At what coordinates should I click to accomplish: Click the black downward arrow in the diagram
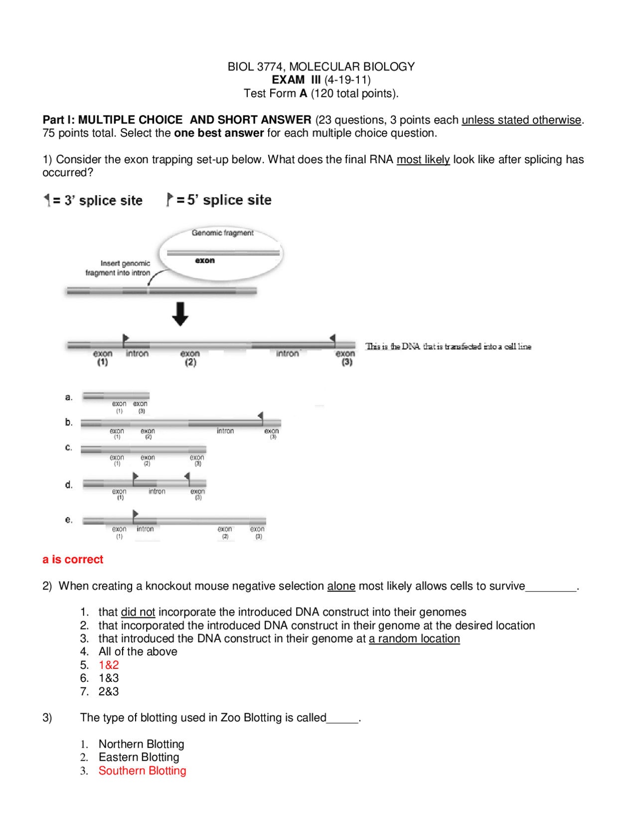[x=180, y=313]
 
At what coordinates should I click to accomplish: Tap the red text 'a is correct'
[x=73, y=559]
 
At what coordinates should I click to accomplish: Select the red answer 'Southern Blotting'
[x=142, y=770]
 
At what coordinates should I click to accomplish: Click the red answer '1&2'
[x=109, y=664]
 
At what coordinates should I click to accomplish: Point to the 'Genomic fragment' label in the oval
[x=222, y=233]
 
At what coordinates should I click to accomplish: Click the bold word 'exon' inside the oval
[x=205, y=260]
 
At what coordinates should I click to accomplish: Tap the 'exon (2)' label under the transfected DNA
[x=190, y=357]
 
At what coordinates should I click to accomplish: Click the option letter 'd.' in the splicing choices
[x=69, y=484]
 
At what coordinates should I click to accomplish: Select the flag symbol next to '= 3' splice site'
[x=47, y=200]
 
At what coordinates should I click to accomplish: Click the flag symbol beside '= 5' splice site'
[x=169, y=199]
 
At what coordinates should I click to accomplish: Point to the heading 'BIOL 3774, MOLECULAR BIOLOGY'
[x=321, y=66]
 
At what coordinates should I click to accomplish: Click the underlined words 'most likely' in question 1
[x=423, y=159]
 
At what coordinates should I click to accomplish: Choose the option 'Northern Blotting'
[x=141, y=744]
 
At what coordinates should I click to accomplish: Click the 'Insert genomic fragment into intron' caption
[x=118, y=268]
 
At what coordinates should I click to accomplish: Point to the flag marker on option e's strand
[x=135, y=514]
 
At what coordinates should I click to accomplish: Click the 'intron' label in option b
[x=225, y=430]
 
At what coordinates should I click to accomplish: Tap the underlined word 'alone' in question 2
[x=341, y=586]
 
